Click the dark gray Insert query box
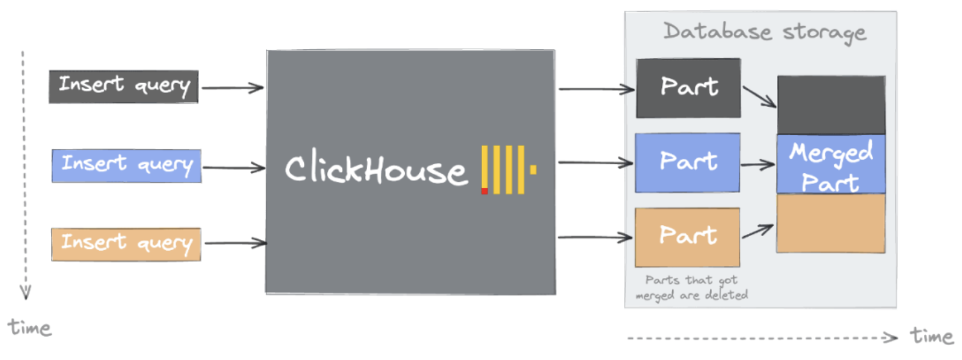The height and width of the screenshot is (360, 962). point(123,86)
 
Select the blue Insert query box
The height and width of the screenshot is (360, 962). point(126,165)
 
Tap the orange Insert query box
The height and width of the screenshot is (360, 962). point(126,244)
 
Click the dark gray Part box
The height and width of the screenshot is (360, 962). point(688,88)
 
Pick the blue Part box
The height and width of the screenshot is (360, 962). point(687,163)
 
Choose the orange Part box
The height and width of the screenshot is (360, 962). point(687,237)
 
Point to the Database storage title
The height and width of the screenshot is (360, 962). point(765,32)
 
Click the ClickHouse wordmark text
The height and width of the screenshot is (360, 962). point(376,168)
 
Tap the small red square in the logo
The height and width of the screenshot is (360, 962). point(484,191)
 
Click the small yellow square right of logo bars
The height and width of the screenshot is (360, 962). point(533,169)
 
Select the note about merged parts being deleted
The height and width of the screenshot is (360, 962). point(691,288)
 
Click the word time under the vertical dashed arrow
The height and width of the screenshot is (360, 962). point(29,327)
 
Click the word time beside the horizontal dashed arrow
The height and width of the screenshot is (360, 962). point(931,336)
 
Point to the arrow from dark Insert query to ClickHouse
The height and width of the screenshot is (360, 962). point(232,88)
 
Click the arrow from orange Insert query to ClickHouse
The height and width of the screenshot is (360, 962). point(235,243)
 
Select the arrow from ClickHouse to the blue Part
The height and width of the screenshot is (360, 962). point(595,163)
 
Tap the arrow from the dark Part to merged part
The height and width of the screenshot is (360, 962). point(759,96)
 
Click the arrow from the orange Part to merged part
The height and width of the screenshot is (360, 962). point(757,231)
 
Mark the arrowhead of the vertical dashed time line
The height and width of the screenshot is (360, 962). point(25,293)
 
